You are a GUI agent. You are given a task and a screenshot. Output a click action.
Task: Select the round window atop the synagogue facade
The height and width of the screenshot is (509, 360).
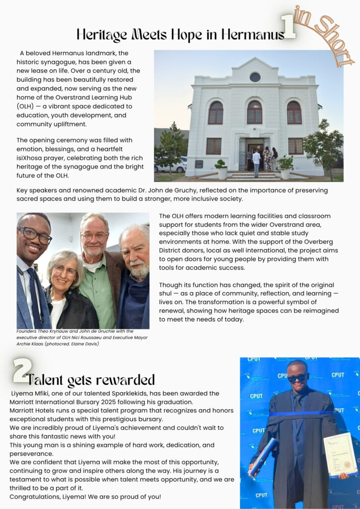tap(255, 77)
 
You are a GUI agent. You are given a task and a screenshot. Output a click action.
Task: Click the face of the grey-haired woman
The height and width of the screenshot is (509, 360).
tap(66, 272)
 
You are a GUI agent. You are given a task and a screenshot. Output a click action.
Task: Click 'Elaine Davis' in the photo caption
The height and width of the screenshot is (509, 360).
tap(86, 343)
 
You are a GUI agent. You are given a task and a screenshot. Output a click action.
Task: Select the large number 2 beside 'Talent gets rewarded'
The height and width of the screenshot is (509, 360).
tap(21, 370)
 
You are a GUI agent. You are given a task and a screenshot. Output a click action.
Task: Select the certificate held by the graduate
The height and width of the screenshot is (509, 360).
tap(340, 454)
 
